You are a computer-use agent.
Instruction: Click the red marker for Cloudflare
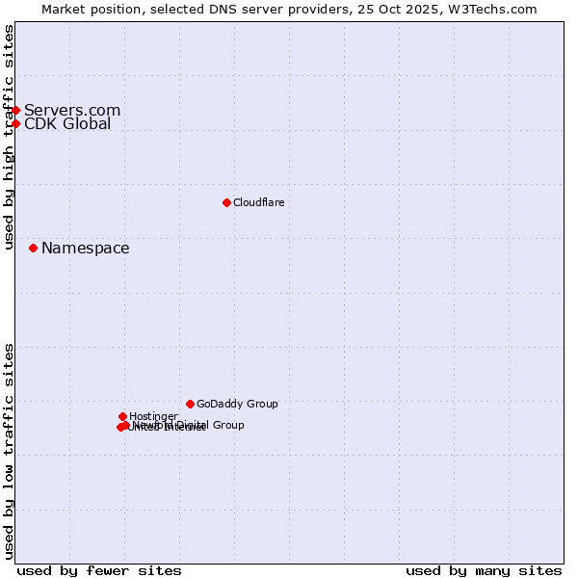click(226, 202)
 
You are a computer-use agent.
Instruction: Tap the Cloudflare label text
click(258, 202)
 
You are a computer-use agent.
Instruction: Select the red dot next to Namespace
click(33, 248)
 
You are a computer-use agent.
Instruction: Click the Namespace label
click(85, 249)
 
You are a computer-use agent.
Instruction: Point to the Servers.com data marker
click(15, 110)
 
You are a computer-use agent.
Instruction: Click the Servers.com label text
click(72, 110)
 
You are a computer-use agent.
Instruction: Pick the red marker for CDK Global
click(15, 123)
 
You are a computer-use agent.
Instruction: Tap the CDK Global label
click(67, 123)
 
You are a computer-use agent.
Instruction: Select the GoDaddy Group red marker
click(190, 404)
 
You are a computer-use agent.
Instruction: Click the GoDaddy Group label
click(237, 404)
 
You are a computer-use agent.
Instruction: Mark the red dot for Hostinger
click(122, 416)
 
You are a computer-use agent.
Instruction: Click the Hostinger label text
click(153, 416)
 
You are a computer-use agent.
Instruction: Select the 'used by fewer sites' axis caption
click(99, 570)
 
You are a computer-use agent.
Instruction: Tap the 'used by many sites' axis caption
click(484, 570)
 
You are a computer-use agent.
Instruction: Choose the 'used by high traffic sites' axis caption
click(9, 137)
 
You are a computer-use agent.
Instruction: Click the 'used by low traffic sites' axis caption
click(9, 451)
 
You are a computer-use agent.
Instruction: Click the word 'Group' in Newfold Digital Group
click(227, 425)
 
